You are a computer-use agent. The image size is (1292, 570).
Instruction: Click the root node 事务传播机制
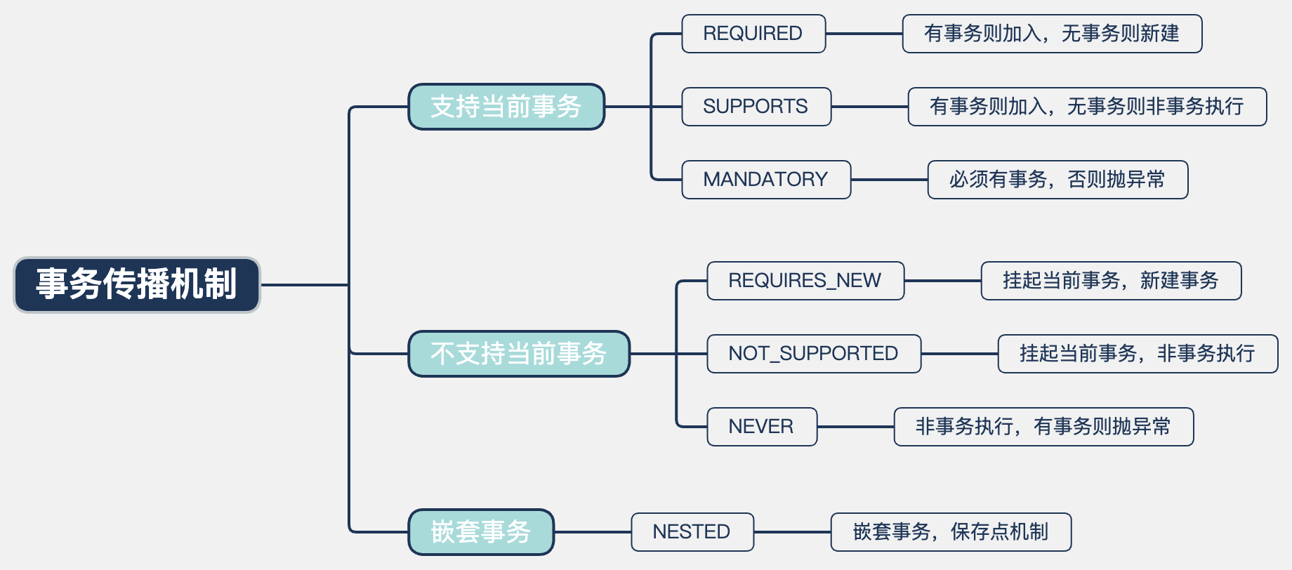pos(137,284)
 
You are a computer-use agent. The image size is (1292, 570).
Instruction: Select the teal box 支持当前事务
pos(506,107)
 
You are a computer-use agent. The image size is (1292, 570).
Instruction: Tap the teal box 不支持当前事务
pos(519,354)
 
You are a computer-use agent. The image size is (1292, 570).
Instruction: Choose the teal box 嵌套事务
pos(481,532)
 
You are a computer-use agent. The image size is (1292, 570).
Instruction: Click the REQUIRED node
pos(753,34)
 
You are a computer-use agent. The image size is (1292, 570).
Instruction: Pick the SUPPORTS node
pos(756,107)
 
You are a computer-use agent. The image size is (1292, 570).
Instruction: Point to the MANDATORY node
pos(766,180)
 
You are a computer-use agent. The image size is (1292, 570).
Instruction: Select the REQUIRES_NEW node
pos(805,281)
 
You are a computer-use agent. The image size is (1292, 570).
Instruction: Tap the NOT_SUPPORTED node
pos(814,354)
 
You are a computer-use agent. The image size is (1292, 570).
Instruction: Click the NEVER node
pos(762,427)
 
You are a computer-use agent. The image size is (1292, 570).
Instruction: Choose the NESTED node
pos(692,532)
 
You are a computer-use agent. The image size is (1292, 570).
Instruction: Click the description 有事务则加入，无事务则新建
pos(1052,34)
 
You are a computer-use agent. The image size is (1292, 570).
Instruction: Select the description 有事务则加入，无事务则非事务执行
pos(1087,107)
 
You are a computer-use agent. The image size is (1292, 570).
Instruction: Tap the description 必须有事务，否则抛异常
pos(1057,180)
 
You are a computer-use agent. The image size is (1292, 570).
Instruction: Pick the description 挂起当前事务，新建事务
pos(1111,281)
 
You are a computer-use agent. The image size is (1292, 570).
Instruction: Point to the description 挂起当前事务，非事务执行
pos(1138,354)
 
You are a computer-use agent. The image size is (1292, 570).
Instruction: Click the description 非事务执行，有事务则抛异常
pos(1043,427)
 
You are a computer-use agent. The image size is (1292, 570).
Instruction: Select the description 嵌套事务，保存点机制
pos(951,532)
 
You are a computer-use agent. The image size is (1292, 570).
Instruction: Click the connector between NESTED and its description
pos(792,532)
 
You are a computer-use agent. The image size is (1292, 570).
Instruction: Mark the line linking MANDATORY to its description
pos(889,180)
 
